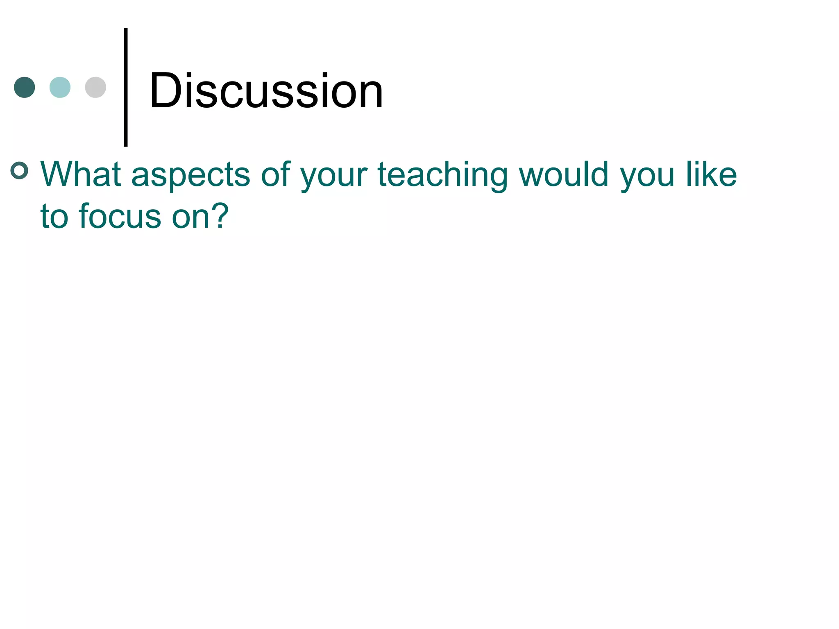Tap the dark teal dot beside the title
click(x=25, y=87)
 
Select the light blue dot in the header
click(x=60, y=87)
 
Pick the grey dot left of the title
click(x=95, y=87)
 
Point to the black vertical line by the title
click(x=126, y=87)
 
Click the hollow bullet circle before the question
click(x=19, y=170)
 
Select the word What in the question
click(x=81, y=174)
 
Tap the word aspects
click(x=190, y=175)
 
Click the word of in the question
click(x=276, y=174)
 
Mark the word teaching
click(x=442, y=175)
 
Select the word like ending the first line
click(x=712, y=174)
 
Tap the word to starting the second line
click(x=54, y=216)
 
